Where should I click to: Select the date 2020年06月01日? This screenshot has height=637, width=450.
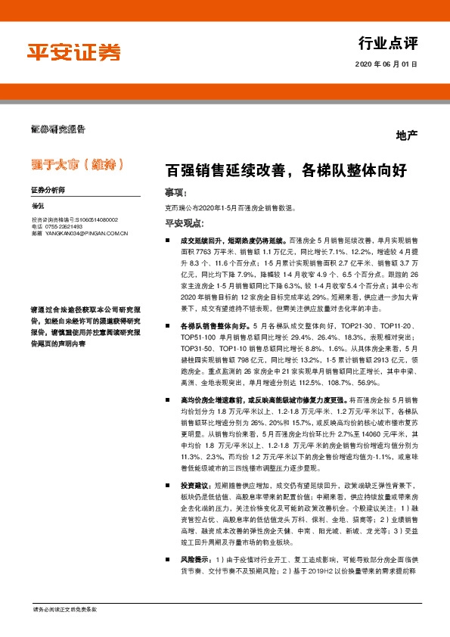386,64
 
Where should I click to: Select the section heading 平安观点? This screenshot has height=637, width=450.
184,223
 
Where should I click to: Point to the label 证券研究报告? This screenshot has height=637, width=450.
57,130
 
